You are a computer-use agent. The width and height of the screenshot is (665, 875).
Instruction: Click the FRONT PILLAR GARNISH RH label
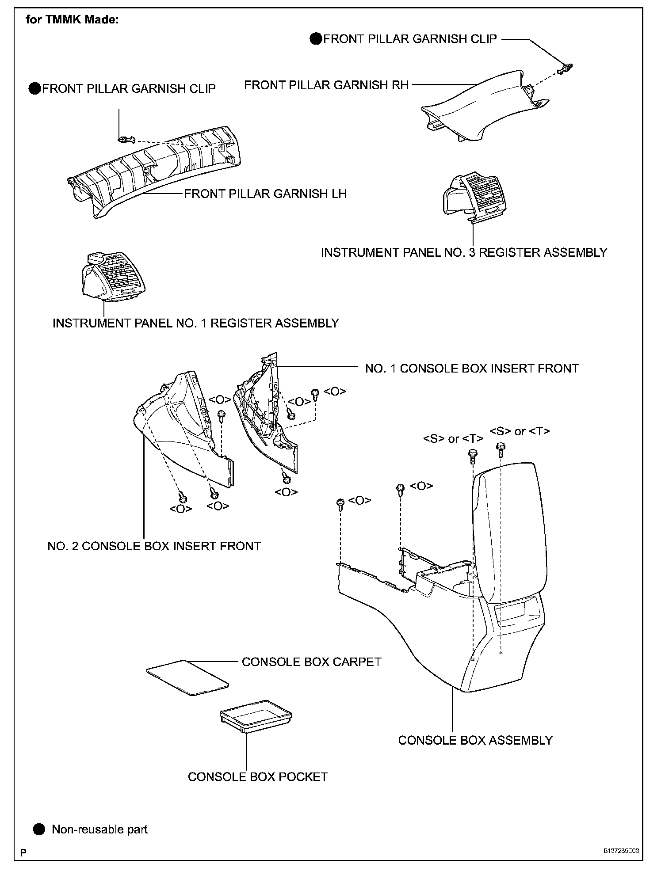326,85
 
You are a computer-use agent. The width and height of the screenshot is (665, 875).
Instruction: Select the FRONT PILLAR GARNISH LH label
265,194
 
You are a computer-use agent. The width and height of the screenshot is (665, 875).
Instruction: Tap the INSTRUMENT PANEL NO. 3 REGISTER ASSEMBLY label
464,252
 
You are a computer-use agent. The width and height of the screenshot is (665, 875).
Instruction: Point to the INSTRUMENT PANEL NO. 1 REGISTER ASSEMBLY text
195,323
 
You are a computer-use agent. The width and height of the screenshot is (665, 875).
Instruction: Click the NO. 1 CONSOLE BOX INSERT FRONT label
472,368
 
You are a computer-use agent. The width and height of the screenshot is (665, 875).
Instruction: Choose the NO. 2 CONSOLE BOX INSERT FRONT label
154,546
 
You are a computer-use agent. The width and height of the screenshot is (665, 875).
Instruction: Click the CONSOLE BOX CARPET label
311,662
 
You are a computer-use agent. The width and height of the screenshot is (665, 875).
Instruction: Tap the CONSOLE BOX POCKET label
257,776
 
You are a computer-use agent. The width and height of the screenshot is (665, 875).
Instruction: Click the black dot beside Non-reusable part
39,829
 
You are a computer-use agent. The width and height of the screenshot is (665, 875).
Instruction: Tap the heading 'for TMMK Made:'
72,20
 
